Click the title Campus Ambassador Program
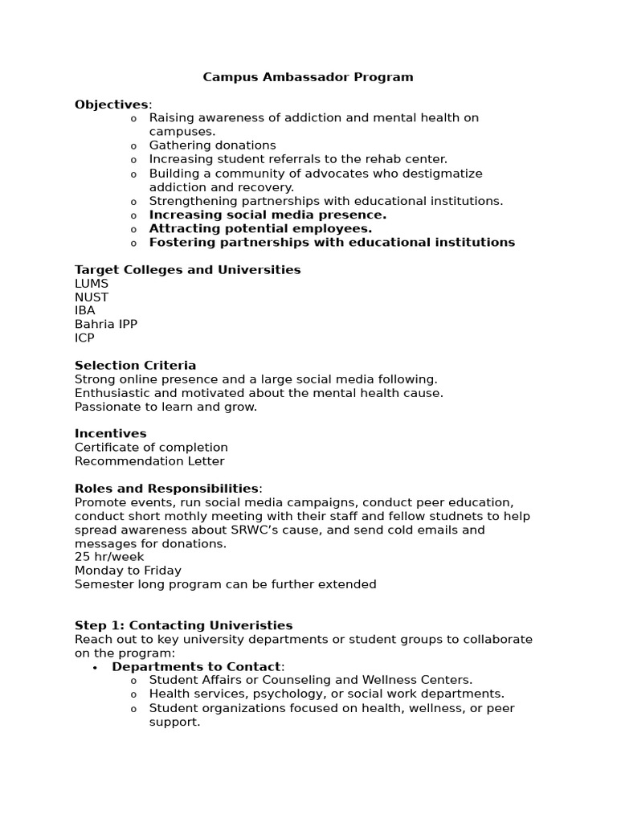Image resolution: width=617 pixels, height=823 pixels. tap(308, 77)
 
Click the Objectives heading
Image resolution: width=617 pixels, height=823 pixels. tap(112, 104)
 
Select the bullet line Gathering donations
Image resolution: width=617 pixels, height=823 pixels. tap(212, 145)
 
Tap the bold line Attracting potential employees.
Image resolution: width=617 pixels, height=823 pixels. tap(260, 228)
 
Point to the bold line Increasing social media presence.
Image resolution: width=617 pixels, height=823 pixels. tap(268, 215)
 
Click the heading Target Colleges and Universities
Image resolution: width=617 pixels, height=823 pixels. tap(187, 269)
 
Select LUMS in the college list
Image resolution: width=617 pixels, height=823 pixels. tap(92, 284)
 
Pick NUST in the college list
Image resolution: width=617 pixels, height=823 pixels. tap(92, 297)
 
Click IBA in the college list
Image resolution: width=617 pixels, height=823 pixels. tap(85, 311)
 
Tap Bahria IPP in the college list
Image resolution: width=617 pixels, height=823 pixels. tap(106, 325)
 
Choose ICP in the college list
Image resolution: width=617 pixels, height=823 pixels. tap(84, 338)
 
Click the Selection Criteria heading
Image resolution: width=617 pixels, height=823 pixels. tap(135, 366)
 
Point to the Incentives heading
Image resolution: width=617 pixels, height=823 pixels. tap(110, 433)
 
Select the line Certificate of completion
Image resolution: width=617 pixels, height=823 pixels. tap(151, 447)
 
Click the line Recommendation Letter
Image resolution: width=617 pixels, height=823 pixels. tap(149, 461)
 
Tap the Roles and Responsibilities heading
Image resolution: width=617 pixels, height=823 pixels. tap(166, 489)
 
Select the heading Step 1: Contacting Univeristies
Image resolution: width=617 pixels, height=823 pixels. tap(183, 625)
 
